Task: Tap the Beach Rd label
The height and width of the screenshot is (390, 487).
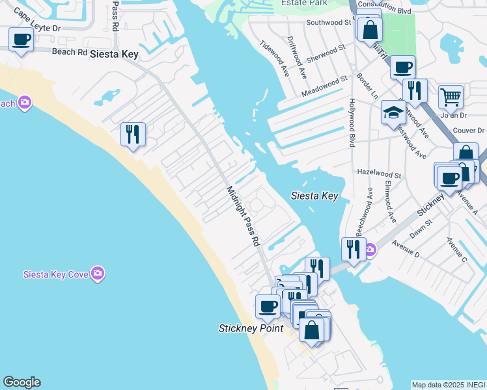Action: pos(69,51)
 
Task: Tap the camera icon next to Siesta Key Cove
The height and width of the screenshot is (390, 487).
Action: pos(98,272)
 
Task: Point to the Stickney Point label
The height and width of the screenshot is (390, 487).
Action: pos(251,329)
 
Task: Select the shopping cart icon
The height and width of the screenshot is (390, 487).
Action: pos(451,97)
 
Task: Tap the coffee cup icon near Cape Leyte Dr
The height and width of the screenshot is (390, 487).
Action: pos(21,40)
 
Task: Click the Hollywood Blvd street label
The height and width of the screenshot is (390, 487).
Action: pos(352,122)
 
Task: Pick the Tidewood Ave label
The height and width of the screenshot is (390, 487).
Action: pos(273,57)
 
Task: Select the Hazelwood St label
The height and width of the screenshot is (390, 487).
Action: pos(380,174)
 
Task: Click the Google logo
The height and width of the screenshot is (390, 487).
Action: pos(21,382)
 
